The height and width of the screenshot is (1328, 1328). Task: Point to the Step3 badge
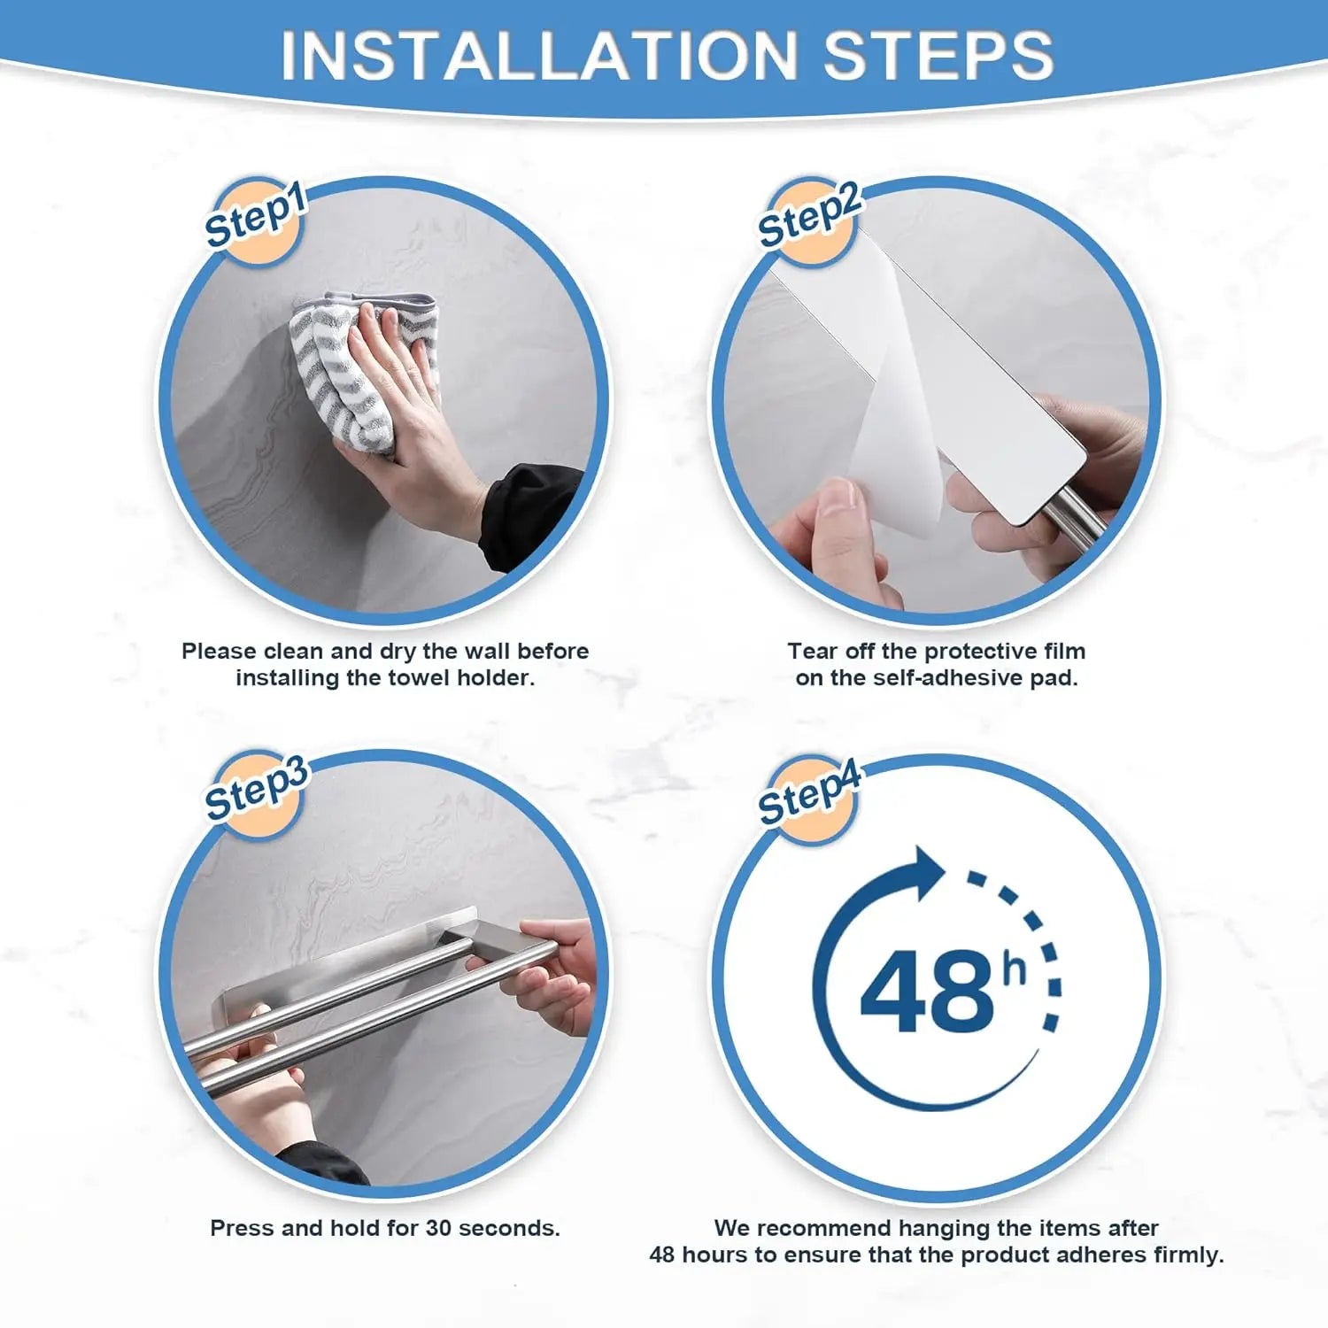click(255, 791)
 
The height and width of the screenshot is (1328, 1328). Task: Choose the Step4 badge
click(808, 794)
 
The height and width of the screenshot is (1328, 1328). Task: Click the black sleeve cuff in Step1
click(531, 513)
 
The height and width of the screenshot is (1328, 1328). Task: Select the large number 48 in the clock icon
click(927, 992)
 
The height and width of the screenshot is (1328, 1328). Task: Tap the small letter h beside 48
click(1014, 969)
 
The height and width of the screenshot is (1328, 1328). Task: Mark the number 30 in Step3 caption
click(438, 1229)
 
